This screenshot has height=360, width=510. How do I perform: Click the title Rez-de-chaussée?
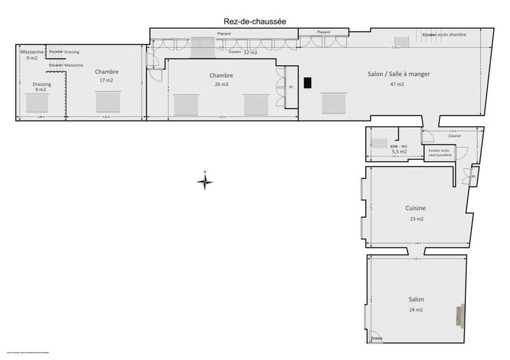[x=251, y=22]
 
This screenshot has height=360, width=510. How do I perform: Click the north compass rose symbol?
[x=205, y=182]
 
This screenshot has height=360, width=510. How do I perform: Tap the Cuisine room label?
[x=415, y=208]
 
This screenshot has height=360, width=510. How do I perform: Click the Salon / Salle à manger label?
[x=398, y=74]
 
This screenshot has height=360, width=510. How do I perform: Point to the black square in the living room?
[x=308, y=83]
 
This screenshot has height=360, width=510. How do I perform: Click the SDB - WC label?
[x=399, y=146]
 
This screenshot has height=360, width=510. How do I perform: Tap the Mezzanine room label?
[x=32, y=51]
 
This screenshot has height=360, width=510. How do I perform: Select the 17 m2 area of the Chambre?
[x=107, y=80]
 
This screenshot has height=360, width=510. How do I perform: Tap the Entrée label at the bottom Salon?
[x=377, y=338]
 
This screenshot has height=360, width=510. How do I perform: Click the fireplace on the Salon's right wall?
[x=460, y=315]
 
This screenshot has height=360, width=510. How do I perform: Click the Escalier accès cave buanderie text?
[x=439, y=153]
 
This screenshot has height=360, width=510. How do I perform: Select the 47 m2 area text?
[x=398, y=83]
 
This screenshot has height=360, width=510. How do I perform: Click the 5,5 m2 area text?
[x=399, y=152]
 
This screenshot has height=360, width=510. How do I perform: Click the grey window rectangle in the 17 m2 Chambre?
[x=108, y=102]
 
